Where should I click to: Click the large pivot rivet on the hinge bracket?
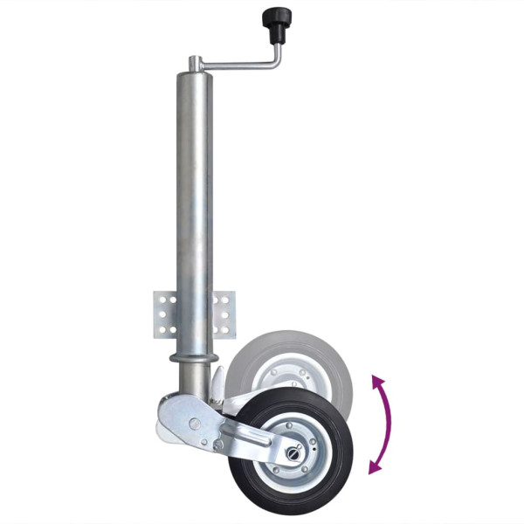tap(193, 424)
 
